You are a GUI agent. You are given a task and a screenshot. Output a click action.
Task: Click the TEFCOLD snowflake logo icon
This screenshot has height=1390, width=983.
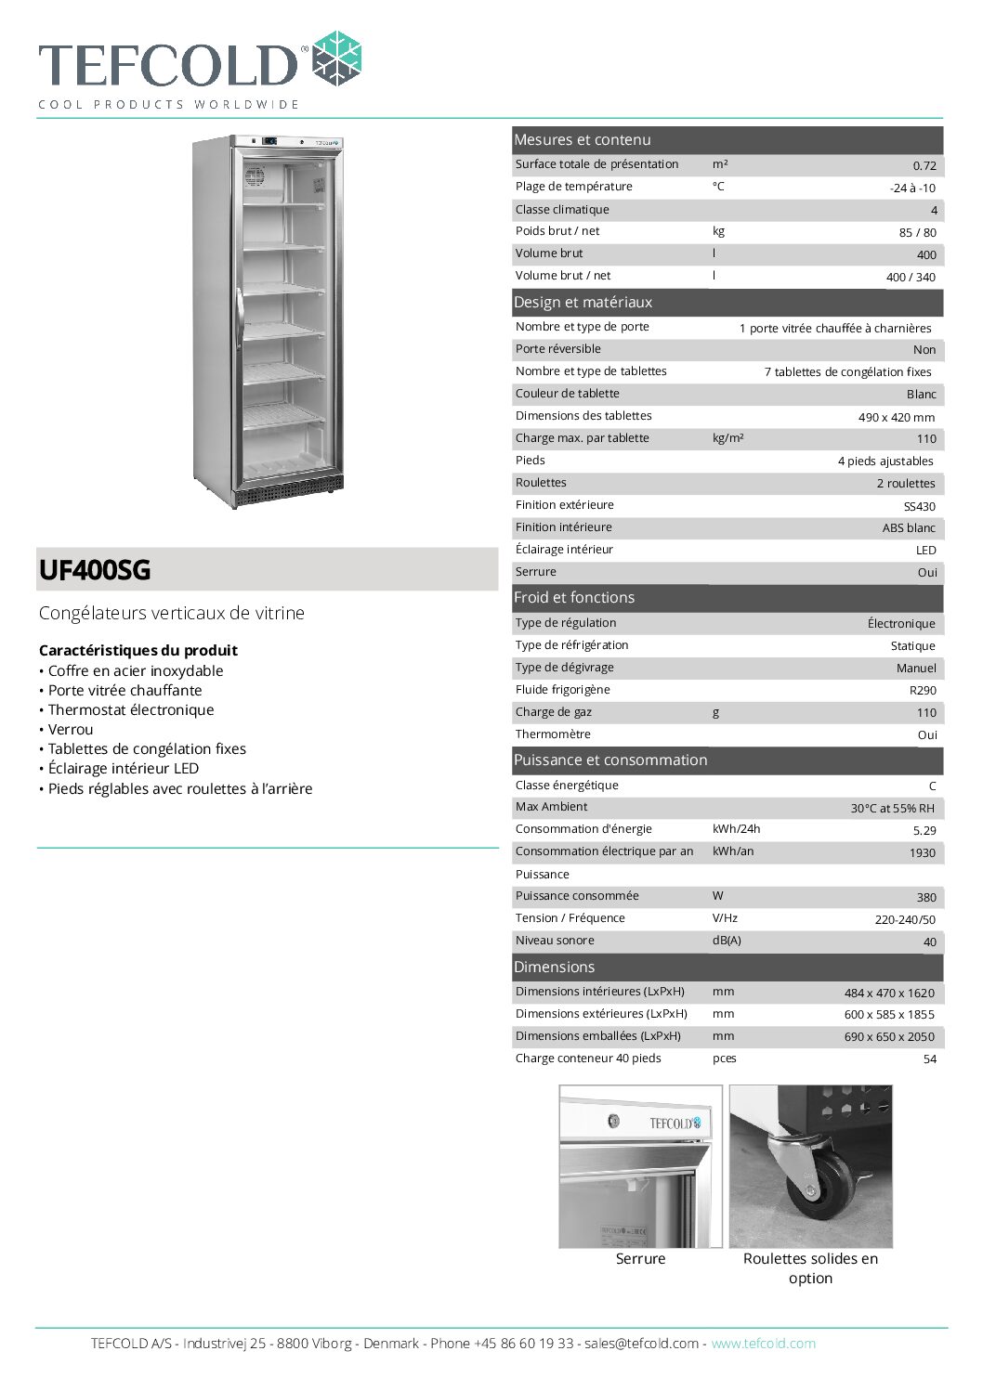coord(336,58)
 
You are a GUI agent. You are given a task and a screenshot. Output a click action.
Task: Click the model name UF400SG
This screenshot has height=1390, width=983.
coord(95,570)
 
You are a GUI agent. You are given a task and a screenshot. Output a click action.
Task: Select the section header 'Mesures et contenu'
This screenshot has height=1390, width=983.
coord(583,140)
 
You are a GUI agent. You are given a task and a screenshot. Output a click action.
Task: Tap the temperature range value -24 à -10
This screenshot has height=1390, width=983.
coord(912,188)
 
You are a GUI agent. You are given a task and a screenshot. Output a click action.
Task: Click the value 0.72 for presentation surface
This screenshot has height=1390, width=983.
coord(924,166)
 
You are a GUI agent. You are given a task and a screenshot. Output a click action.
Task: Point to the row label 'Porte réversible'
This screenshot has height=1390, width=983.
coord(558,349)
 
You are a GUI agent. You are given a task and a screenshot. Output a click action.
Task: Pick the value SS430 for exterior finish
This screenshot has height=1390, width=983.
coord(920,506)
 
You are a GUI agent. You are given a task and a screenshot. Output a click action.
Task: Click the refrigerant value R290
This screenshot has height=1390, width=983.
coord(923,690)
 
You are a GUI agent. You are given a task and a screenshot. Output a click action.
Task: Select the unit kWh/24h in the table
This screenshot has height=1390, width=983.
coord(736,829)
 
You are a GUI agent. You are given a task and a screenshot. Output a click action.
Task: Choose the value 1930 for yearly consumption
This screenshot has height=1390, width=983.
coord(923,852)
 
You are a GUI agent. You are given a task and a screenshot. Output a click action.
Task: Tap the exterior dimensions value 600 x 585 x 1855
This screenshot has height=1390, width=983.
coord(889,1015)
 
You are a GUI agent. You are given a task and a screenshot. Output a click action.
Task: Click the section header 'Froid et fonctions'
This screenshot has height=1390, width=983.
coord(574,598)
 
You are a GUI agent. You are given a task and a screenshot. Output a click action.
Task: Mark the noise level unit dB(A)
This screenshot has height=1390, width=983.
coord(727,941)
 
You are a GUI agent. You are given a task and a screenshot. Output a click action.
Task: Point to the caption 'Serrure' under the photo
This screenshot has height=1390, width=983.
coord(640,1259)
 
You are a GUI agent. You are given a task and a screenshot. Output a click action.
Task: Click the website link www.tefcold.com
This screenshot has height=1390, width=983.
coord(763,1344)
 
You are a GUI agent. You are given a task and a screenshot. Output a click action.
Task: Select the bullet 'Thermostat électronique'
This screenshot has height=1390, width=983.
coord(131,710)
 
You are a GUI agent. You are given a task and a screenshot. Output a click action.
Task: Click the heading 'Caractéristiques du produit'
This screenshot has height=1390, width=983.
coord(138,651)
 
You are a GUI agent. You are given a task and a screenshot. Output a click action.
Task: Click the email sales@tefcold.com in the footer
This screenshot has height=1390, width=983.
coord(641,1344)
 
